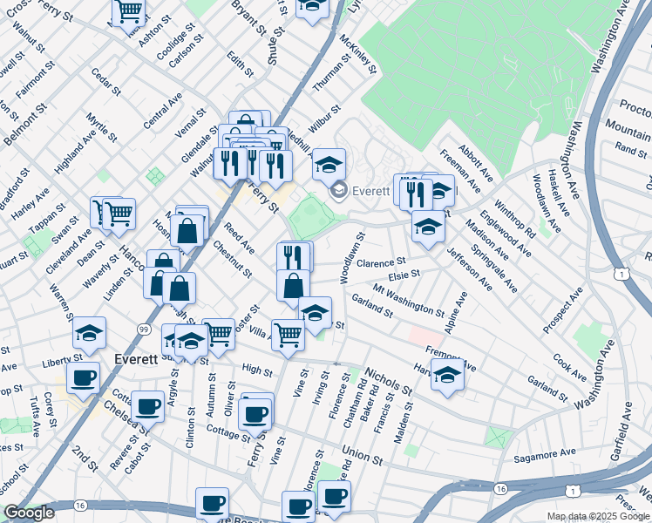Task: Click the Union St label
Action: point(363,456)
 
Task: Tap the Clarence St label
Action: point(382,261)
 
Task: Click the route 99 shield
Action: point(142,328)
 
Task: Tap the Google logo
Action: point(28,513)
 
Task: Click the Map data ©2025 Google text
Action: point(597,516)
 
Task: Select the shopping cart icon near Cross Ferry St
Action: point(128,10)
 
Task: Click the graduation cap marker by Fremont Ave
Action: point(447,376)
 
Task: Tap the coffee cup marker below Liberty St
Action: point(83,377)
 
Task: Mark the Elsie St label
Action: point(404,274)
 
